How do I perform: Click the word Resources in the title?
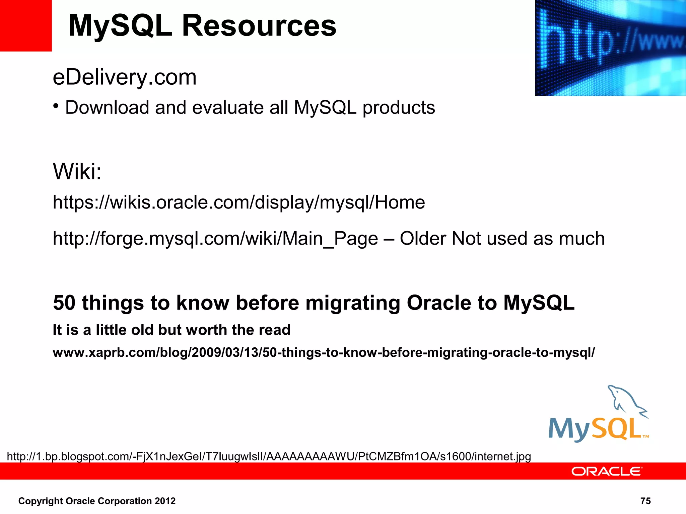tap(259, 26)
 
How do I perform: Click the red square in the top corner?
tap(25, 25)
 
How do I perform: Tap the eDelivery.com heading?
tap(125, 77)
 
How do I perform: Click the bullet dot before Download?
tap(56, 107)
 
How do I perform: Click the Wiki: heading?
tap(77, 171)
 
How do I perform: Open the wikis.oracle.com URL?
tap(238, 202)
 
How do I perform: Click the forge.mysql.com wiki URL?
tap(215, 239)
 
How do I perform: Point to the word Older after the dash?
tap(423, 239)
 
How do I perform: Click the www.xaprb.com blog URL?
tap(324, 352)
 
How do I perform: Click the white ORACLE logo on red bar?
tap(606, 471)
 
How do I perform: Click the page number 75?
tap(645, 501)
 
